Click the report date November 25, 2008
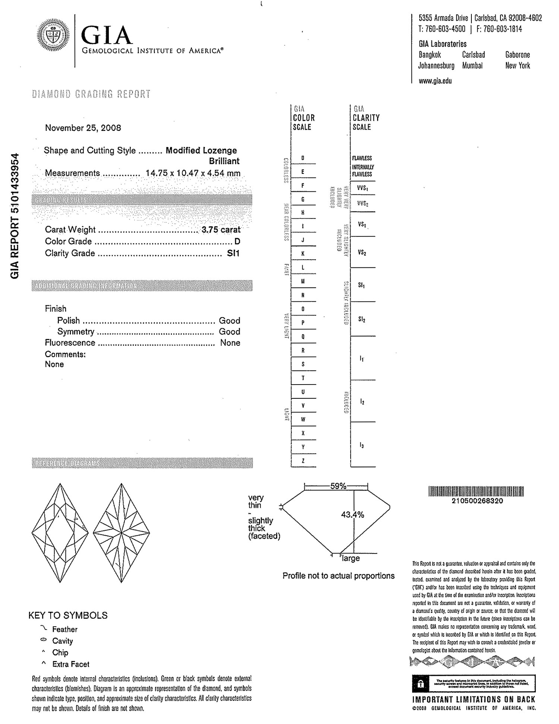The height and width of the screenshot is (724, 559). pos(83,128)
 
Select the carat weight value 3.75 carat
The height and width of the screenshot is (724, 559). pos(221,230)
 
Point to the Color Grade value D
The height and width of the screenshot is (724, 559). pos(237,241)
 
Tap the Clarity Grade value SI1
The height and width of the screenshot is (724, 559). pos(233,253)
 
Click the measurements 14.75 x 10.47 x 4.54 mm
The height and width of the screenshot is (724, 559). pos(193,173)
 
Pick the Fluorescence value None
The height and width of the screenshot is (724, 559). pos(230,343)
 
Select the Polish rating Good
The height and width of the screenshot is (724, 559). pos(229,320)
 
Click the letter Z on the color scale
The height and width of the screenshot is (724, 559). pos(303,461)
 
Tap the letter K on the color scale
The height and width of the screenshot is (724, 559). pos(303,254)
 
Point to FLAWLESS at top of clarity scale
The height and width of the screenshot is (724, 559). pos(362,158)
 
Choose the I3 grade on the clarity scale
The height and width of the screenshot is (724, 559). pos(362,445)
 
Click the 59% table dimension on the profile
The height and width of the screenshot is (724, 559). pos(338,486)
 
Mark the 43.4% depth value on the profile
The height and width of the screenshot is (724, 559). pos(352,515)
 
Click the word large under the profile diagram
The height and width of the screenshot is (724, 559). pos(351,558)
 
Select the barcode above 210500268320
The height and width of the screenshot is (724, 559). pos(477,492)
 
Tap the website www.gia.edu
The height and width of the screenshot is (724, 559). pos(435,81)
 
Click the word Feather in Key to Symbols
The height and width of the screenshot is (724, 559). pos(65,629)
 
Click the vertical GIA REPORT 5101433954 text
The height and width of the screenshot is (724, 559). pos(14,216)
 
